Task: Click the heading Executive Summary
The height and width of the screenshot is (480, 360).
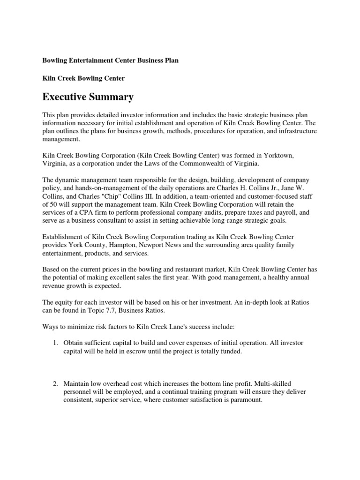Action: pos(88,97)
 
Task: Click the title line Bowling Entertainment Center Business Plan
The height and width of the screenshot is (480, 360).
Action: pos(110,60)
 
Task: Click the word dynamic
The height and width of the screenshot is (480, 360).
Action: pos(69,180)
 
